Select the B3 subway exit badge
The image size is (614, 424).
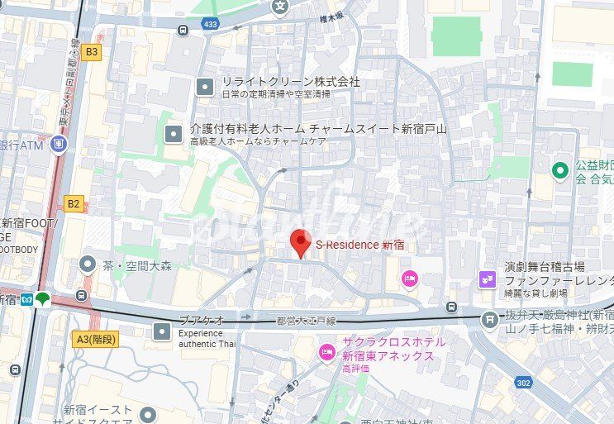point(91,51)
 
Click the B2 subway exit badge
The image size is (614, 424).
point(74,203)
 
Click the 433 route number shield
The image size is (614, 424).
point(210,25)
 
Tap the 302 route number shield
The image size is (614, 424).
point(522,382)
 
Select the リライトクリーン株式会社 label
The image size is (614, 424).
point(290,82)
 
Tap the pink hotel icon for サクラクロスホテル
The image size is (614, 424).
point(327,353)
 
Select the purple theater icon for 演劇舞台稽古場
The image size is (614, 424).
point(487,279)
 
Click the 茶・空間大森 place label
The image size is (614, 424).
point(136,265)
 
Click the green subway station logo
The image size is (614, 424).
point(42,298)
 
